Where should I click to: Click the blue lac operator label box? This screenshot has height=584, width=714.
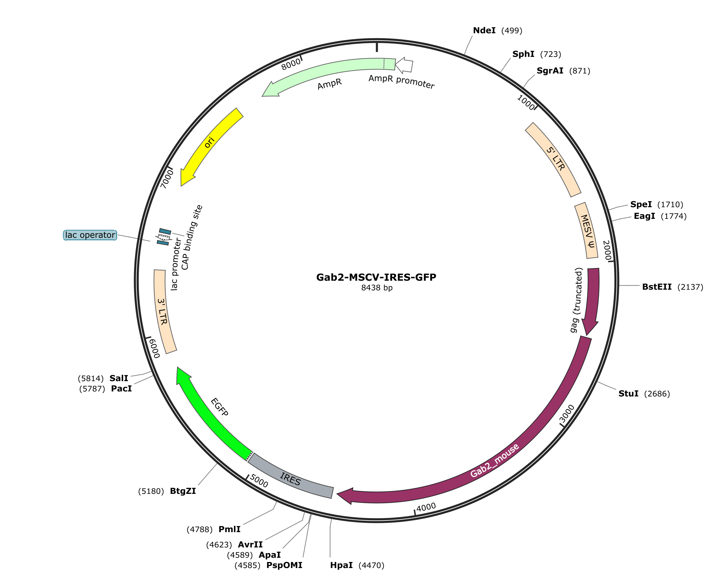90,235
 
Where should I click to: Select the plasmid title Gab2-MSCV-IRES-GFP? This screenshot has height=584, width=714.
376,277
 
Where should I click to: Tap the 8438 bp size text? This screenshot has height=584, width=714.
377,288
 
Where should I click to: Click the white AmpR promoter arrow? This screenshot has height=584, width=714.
404,65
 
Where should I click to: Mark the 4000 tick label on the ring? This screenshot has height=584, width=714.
426,507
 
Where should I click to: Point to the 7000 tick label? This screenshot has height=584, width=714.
167,179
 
